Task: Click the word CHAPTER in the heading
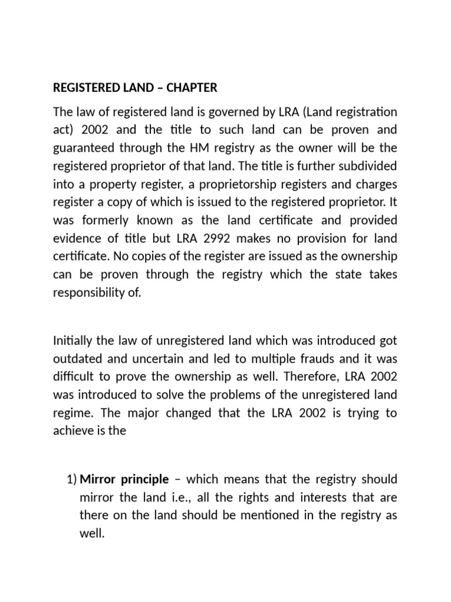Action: (x=191, y=88)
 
